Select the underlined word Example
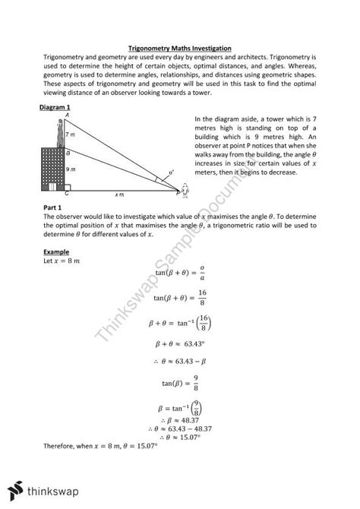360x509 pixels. [57, 251]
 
